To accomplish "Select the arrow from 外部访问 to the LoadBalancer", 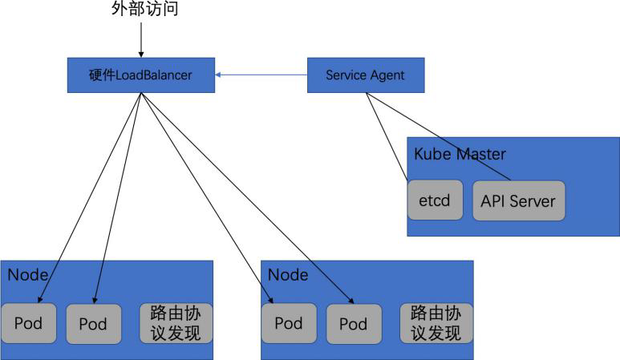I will (141, 38).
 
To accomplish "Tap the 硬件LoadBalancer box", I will (140, 75).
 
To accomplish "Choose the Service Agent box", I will (365, 75).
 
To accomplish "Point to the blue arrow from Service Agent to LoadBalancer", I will (261, 75).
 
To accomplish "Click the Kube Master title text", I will (460, 153).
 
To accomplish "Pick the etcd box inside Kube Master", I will (436, 200).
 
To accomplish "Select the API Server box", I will (518, 200).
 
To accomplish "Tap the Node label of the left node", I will (28, 275).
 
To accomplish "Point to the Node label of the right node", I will (288, 275).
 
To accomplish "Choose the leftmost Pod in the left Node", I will (29, 324).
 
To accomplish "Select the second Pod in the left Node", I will (93, 324).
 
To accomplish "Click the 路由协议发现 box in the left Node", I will (176, 323).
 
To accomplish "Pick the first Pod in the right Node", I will (289, 324).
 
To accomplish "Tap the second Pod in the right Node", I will (353, 324).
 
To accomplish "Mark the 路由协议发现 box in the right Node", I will (436, 323).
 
